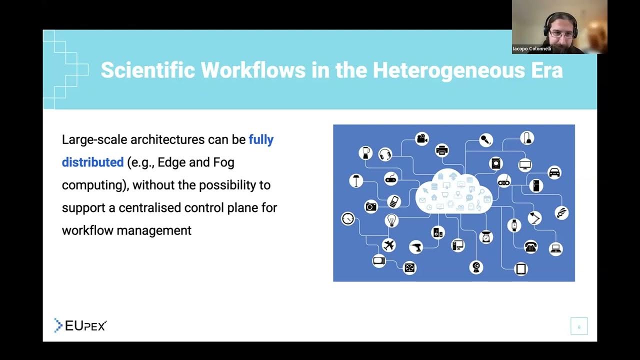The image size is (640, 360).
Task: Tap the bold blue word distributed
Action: (92, 162)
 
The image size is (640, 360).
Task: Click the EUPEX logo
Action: (80, 325)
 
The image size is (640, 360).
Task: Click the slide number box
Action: (579, 326)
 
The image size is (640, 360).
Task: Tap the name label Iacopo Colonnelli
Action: (532, 49)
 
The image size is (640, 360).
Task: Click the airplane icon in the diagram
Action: (388, 245)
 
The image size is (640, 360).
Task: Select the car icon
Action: (554, 173)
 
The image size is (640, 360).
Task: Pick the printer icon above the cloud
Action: (441, 149)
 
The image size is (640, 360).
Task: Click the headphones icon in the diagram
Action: (385, 154)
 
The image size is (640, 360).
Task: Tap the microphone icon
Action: (485, 140)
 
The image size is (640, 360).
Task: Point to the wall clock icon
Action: (347, 218)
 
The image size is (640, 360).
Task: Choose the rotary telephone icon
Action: (530, 246)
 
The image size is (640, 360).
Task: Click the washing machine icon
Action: (496, 163)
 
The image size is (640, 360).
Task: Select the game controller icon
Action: (391, 178)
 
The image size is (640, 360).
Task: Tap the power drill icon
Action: (416, 246)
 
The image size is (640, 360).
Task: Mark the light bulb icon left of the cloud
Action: (391, 220)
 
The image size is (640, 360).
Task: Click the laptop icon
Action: (555, 248)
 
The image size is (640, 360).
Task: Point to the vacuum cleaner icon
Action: (527, 137)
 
